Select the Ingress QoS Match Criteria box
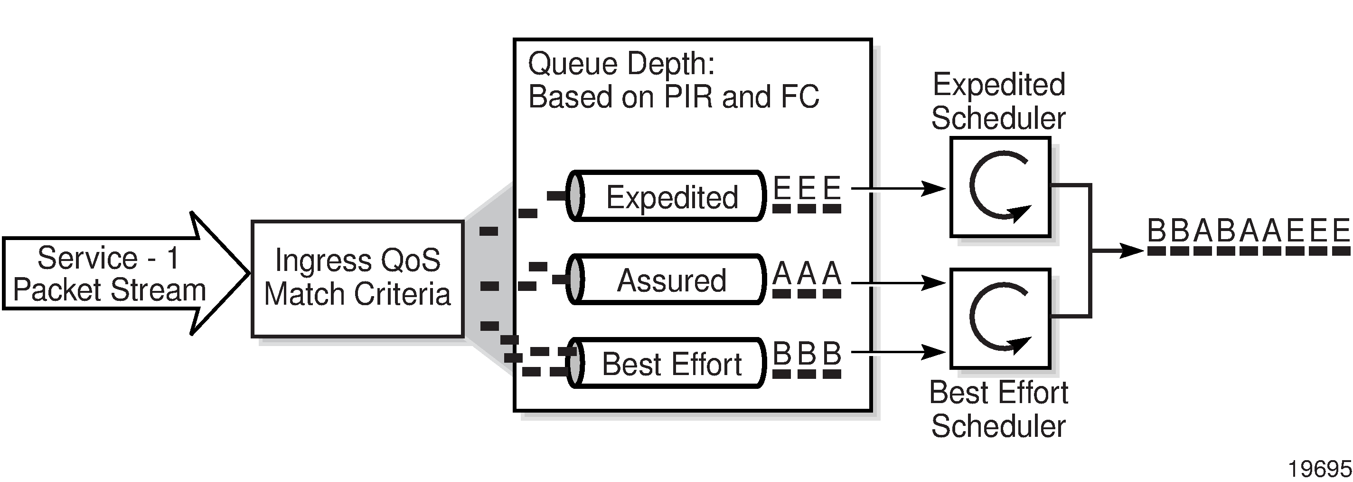[x=357, y=278]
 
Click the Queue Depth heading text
[x=621, y=64]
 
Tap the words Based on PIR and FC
[x=673, y=97]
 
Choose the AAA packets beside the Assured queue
[x=807, y=279]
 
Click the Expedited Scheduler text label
[x=998, y=101]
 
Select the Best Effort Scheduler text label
[x=998, y=409]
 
